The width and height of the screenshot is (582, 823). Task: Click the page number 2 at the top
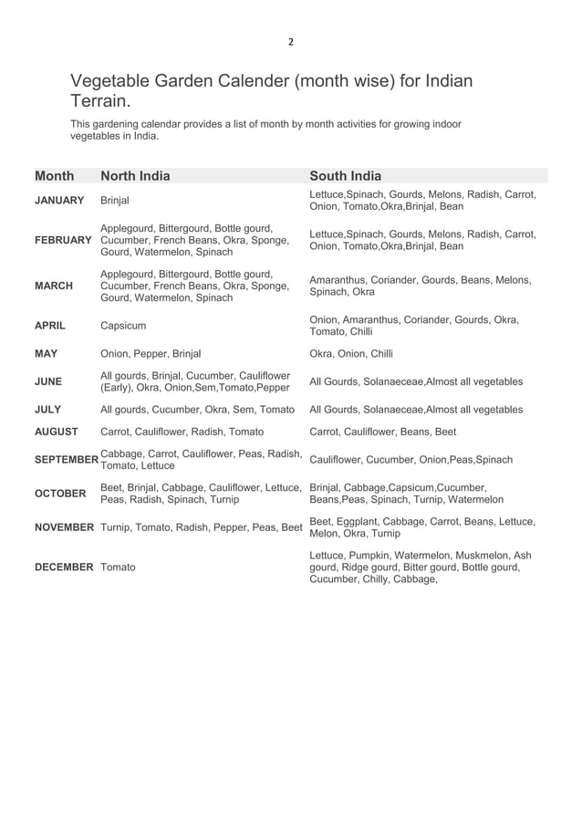291,41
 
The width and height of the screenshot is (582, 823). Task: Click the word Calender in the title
246,81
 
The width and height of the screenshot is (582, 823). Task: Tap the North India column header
135,176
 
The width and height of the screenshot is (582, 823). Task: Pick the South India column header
346,176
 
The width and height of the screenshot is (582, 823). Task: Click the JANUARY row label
59,201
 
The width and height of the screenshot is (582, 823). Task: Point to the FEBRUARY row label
63,240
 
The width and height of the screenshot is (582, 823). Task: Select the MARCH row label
54,286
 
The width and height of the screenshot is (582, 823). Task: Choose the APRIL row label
50,326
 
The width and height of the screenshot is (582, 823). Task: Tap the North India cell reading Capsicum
123,326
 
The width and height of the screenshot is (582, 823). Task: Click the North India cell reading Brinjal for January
115,201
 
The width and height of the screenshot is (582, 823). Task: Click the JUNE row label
48,381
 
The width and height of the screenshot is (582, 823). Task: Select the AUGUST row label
57,432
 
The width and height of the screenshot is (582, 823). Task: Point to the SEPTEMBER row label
67,460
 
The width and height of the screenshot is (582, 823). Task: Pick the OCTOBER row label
60,494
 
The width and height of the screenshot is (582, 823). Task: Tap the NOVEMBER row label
64,527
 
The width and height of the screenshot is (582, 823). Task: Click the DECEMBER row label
64,568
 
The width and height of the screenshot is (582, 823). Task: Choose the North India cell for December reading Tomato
118,568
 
